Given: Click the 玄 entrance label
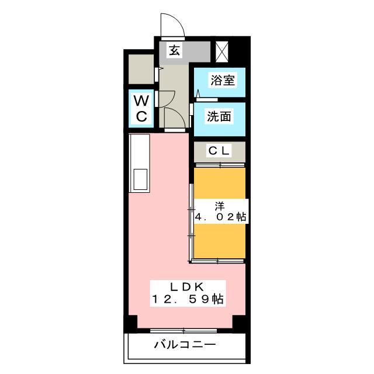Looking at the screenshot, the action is [175, 51].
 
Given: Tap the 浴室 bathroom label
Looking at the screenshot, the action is [223, 80].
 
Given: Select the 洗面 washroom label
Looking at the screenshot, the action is [219, 117].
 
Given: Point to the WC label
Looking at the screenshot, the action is [141, 109].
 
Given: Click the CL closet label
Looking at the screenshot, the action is [219, 151].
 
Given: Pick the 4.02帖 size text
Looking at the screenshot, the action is [221, 217].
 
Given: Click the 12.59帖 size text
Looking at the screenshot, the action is [188, 299].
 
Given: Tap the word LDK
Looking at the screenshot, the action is [187, 287].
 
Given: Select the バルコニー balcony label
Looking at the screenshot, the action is [185, 345].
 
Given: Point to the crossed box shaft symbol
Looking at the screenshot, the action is [222, 52].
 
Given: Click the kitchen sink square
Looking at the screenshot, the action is [140, 179].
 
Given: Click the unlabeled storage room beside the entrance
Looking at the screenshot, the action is [141, 69].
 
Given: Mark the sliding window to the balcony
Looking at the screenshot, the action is [183, 331].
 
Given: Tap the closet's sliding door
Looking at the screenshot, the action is [220, 165].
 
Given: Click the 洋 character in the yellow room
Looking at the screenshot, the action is [220, 206].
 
